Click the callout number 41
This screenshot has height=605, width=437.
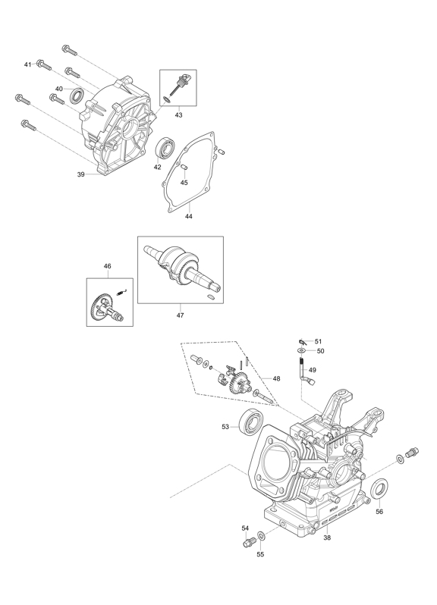click(27, 64)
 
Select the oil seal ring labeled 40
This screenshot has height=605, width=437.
click(77, 96)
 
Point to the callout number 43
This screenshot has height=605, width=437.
click(178, 115)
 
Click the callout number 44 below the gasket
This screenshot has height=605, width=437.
click(188, 217)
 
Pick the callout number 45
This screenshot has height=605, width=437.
click(184, 183)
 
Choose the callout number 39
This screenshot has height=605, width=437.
click(80, 174)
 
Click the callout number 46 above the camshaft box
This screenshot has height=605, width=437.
click(107, 266)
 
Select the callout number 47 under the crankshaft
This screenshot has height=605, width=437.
click(181, 315)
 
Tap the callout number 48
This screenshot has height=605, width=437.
click(276, 378)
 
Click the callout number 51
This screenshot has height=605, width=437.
click(318, 341)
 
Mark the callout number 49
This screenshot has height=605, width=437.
click(313, 370)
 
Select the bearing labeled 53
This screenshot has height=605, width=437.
click(251, 423)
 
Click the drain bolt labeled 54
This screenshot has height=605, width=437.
click(248, 542)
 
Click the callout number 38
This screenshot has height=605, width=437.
click(327, 538)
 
